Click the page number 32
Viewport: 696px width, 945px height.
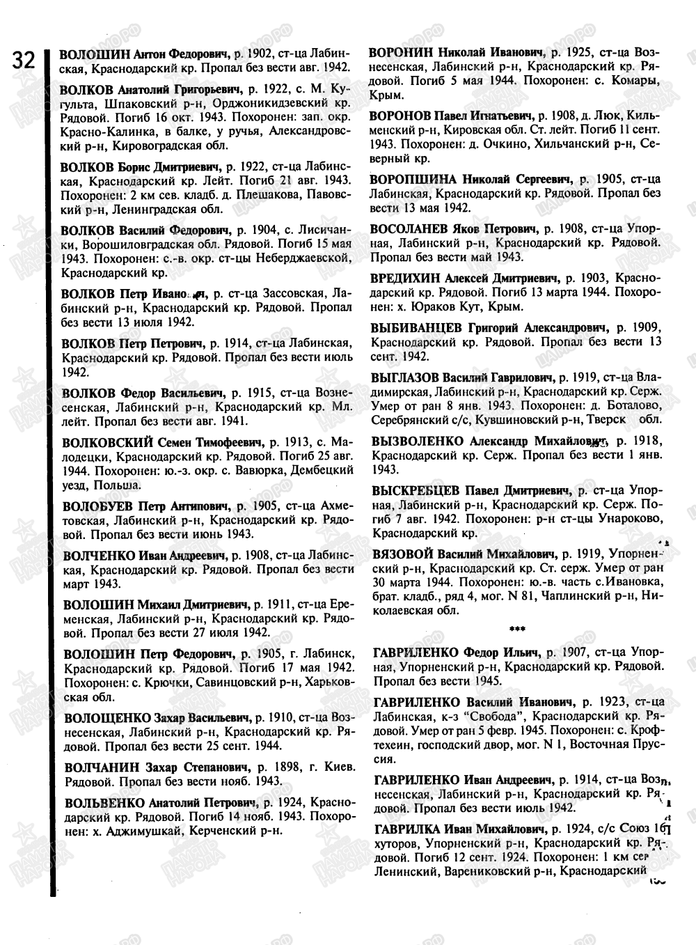pos(22,61)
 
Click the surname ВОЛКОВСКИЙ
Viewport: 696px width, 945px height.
pos(104,442)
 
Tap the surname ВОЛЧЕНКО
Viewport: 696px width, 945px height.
pos(95,556)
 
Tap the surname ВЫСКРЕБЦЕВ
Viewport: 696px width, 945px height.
pos(416,491)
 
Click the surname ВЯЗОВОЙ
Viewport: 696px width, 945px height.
pos(402,554)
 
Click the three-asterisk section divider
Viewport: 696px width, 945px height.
pos(517,629)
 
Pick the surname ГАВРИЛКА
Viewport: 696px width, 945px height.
pos(406,829)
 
